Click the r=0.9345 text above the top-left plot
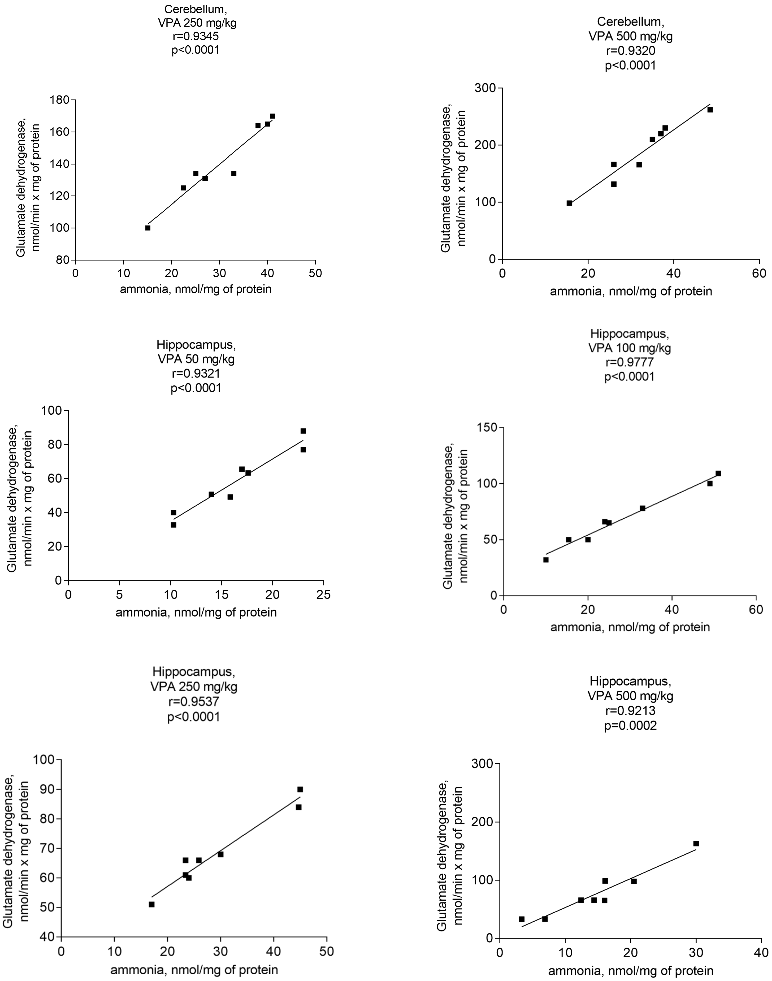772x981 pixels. click(x=195, y=37)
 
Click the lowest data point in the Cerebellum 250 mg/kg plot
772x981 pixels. click(x=148, y=228)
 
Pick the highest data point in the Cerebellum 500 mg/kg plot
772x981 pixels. click(x=710, y=110)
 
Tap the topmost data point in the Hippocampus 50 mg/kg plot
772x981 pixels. click(x=303, y=431)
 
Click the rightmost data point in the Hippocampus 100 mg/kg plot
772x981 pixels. click(x=718, y=474)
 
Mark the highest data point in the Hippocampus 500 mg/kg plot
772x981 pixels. click(x=696, y=844)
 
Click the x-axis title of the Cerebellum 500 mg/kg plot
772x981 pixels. click(x=631, y=292)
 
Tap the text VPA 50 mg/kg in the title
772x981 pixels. click(x=196, y=359)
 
